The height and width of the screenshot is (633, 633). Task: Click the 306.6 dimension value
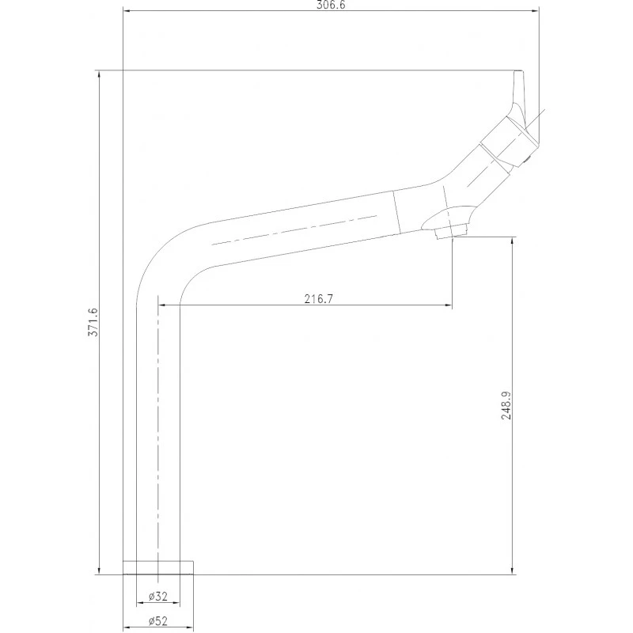331,5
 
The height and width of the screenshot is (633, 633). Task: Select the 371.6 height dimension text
93,322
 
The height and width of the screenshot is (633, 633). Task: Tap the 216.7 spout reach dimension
319,299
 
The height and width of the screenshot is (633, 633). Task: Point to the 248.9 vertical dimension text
506,405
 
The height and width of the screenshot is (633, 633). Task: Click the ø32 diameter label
157,596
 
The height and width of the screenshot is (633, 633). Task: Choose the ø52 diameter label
157,621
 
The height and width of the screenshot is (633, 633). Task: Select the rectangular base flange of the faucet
157,567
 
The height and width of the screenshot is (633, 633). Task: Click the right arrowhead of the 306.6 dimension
536,11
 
